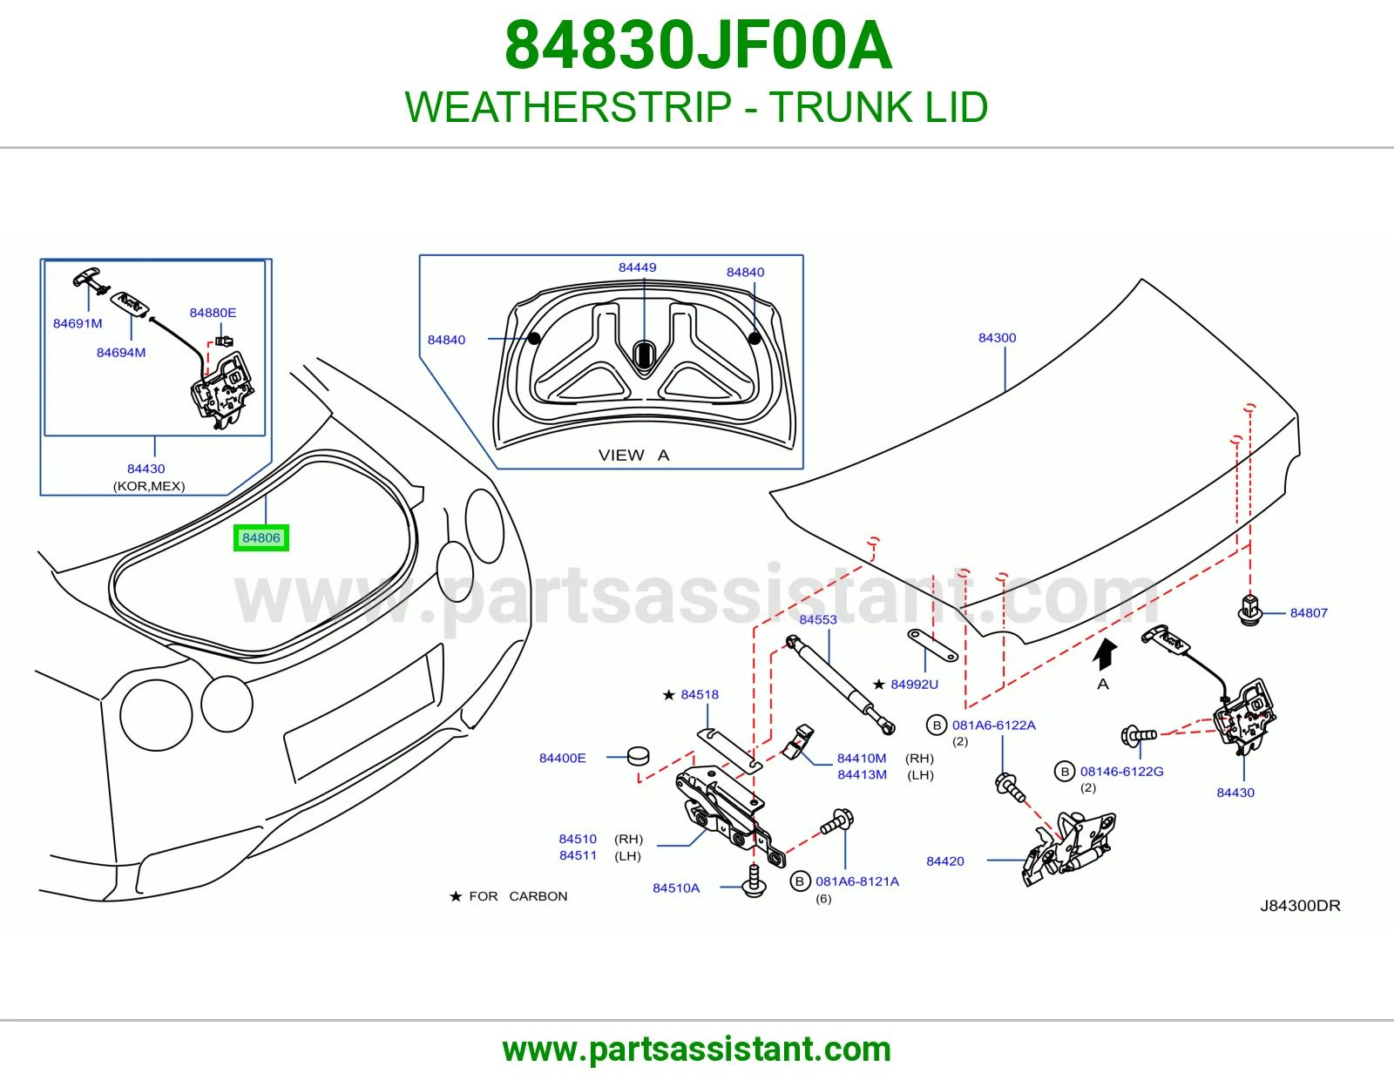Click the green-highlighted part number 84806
click(x=261, y=537)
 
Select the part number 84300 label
click(x=997, y=337)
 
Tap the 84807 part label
click(x=1309, y=612)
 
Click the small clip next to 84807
click(x=1249, y=610)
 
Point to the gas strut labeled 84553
click(x=841, y=685)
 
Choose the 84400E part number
click(x=562, y=758)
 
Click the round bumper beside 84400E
click(x=638, y=756)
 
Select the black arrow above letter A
click(x=1105, y=654)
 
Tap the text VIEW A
click(x=633, y=455)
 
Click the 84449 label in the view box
click(x=637, y=267)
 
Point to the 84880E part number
click(x=213, y=313)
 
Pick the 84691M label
click(x=78, y=323)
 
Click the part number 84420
click(x=945, y=861)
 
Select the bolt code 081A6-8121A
click(x=857, y=881)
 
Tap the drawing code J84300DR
click(x=1300, y=906)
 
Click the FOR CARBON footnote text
click(x=518, y=896)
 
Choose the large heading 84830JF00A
click(x=698, y=45)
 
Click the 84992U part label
click(x=914, y=685)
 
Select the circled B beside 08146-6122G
click(x=1065, y=772)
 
